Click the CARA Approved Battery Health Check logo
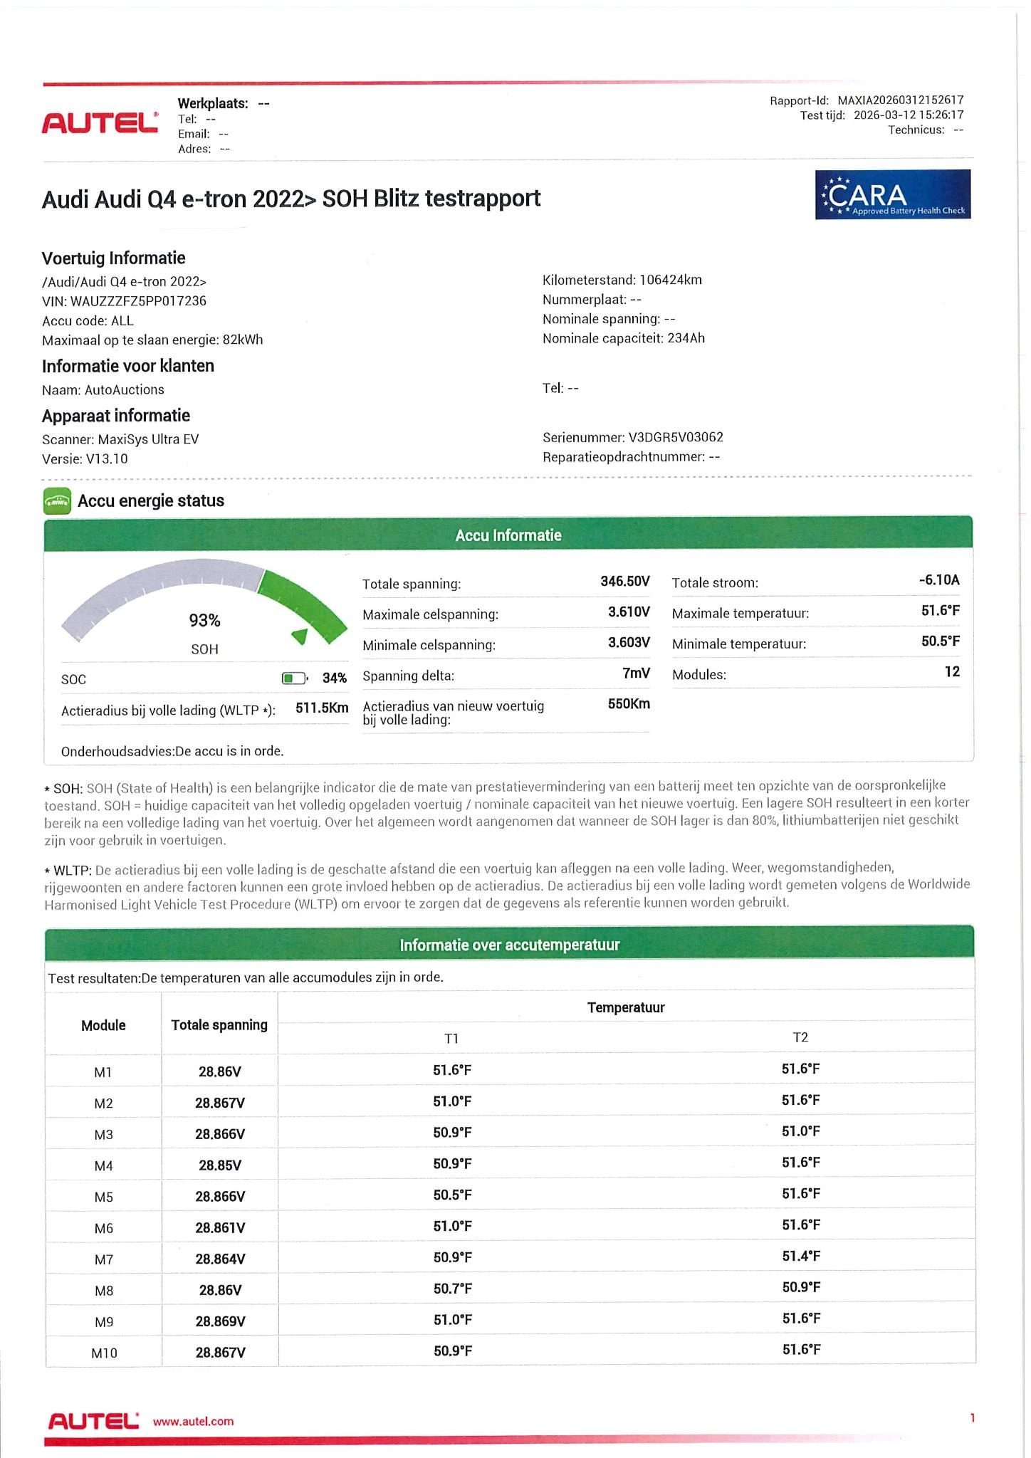892,194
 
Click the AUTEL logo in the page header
100,122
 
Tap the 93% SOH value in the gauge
204,621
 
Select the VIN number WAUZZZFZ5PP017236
138,301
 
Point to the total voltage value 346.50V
624,582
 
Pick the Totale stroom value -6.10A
938,580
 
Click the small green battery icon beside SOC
294,678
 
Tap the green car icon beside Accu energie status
57,501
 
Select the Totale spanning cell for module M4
219,1165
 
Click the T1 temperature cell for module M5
452,1195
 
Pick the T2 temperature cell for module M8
800,1287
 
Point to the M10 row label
104,1353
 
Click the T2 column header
800,1037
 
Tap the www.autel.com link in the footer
193,1421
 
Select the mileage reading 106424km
670,280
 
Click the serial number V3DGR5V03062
676,437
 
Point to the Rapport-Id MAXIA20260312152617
900,100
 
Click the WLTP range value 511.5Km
322,708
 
